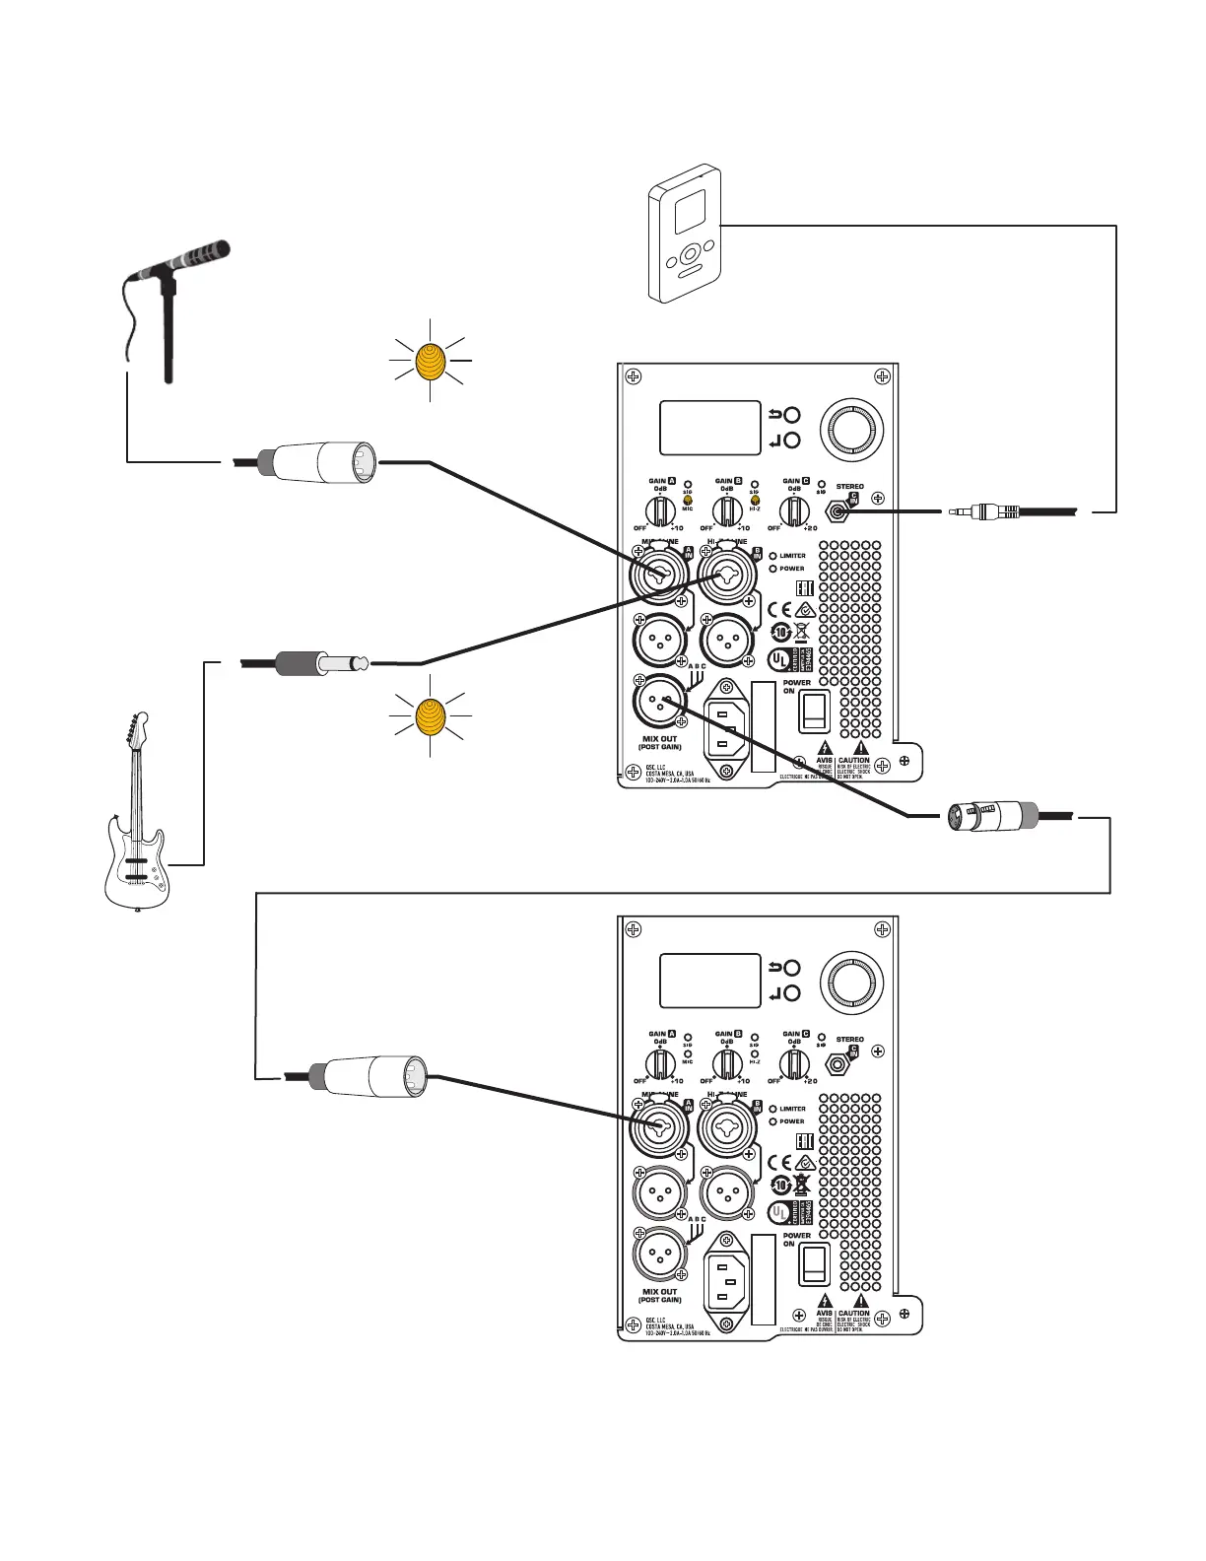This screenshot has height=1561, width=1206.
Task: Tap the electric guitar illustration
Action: click(138, 828)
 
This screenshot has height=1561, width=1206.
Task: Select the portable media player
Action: click(684, 233)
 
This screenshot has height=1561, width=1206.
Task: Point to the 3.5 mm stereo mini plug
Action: click(985, 511)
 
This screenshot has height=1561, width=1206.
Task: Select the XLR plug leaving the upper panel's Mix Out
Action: click(990, 817)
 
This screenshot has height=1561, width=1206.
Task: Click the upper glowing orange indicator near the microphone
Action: click(431, 362)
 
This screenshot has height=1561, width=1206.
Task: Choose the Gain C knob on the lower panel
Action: click(794, 1064)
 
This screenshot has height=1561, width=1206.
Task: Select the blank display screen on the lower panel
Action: click(709, 981)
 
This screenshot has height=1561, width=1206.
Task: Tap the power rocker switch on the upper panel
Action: click(814, 710)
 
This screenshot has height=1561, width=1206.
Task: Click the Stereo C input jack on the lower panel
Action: click(839, 1064)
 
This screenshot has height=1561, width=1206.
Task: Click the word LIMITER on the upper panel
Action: click(792, 556)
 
